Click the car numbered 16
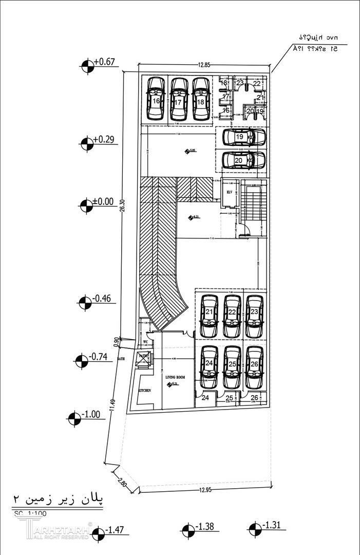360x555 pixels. click(x=156, y=99)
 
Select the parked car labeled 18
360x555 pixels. click(x=201, y=99)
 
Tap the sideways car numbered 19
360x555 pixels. click(x=244, y=137)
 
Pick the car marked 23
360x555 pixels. click(x=254, y=316)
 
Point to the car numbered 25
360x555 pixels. click(x=232, y=367)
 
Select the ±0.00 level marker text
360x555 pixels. click(x=104, y=201)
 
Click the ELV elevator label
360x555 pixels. click(x=230, y=192)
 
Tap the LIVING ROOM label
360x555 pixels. click(x=174, y=377)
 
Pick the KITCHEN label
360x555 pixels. click(x=145, y=391)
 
